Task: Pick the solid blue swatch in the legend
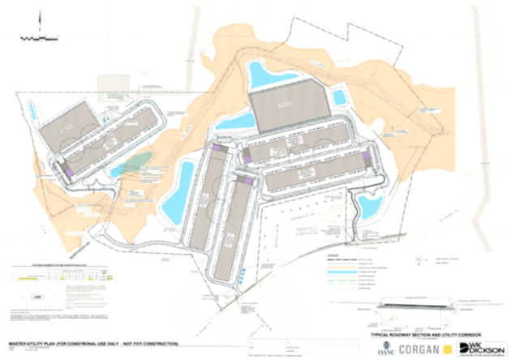point(337,270)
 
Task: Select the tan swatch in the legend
point(337,264)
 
